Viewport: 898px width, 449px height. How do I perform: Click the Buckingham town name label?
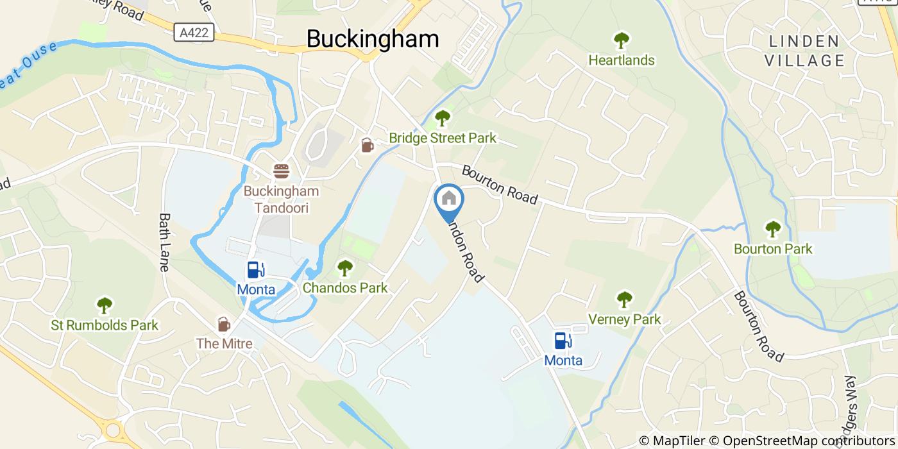(373, 39)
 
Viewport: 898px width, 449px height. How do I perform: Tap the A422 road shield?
(194, 32)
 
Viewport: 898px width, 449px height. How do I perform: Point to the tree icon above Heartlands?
(621, 40)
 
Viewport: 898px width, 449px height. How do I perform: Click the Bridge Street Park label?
(443, 138)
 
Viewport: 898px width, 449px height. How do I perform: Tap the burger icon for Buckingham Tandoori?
(281, 171)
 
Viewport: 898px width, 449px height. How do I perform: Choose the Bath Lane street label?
(164, 242)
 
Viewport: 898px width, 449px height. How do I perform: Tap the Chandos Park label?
(345, 288)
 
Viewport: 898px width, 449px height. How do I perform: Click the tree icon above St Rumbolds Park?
(104, 305)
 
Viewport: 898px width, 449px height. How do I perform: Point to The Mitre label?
(224, 344)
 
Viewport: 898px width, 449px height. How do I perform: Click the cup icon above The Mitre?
(224, 324)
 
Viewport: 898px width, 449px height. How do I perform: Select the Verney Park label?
(625, 319)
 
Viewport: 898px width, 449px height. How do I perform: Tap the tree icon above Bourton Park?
(773, 228)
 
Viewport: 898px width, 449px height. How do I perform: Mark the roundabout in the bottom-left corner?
(113, 428)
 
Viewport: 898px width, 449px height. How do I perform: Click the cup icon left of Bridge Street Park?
(367, 146)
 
